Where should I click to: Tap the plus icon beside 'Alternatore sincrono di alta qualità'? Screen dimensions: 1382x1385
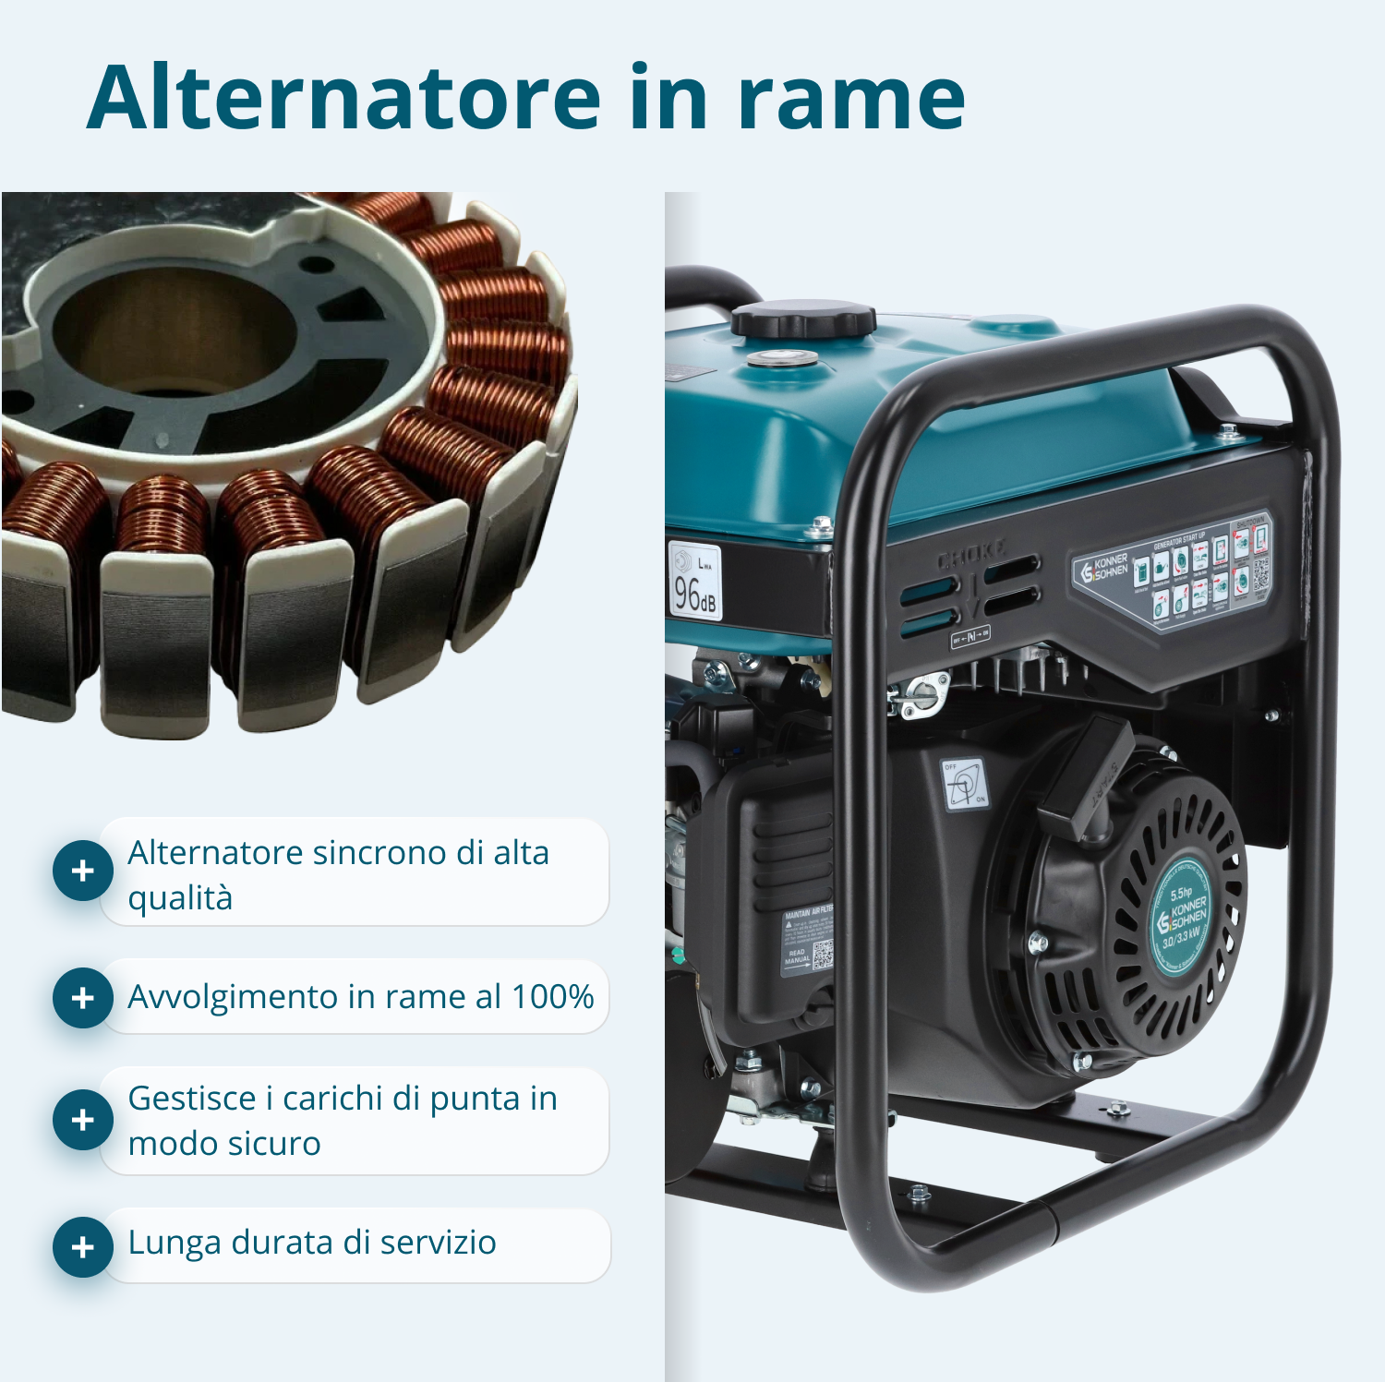(83, 871)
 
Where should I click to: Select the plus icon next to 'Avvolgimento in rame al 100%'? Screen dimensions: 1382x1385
(83, 997)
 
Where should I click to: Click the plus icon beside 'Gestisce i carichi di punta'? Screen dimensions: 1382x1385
(83, 1120)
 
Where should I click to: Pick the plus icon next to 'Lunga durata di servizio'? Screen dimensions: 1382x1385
(83, 1246)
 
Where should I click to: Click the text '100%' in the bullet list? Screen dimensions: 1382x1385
(552, 997)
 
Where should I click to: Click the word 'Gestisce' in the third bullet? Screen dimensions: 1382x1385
(191, 1099)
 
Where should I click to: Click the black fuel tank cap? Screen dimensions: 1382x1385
(802, 319)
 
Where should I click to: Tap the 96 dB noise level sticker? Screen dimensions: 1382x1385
(694, 581)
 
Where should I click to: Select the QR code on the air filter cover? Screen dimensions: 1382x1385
(822, 955)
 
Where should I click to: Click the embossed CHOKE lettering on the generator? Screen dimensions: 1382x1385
(971, 556)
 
